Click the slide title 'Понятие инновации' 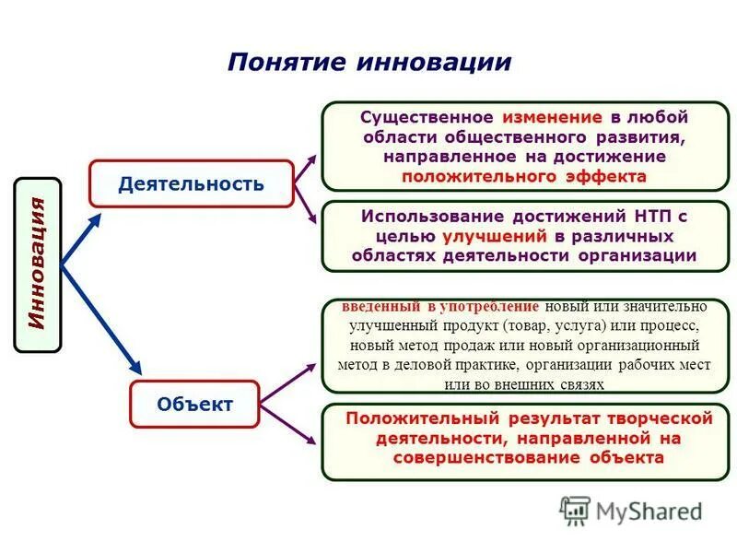click(x=368, y=62)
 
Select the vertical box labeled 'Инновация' click(x=38, y=265)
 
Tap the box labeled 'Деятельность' click(x=191, y=183)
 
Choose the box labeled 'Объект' click(x=194, y=404)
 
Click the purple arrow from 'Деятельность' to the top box click(x=305, y=171)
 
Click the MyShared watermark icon click(x=575, y=510)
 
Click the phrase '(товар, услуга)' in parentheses click(x=561, y=325)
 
